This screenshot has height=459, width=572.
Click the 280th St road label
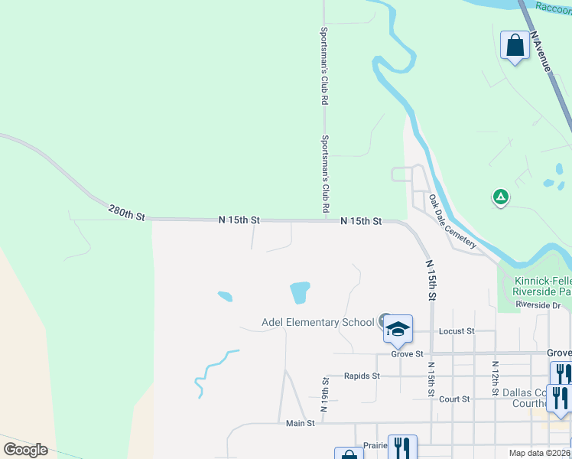pos(126,212)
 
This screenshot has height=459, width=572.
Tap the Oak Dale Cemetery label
pos(453,221)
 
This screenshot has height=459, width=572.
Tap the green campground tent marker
pos(500,197)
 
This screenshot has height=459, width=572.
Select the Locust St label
pos(457,331)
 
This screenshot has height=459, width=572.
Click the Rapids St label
pos(362,376)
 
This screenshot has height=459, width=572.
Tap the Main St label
pos(301,423)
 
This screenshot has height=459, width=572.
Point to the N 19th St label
pos(325,394)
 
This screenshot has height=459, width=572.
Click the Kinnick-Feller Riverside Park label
pos(541,286)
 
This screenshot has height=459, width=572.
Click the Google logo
pos(25,449)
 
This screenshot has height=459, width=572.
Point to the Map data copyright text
pos(538,453)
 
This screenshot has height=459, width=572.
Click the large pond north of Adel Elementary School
pos(300,291)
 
